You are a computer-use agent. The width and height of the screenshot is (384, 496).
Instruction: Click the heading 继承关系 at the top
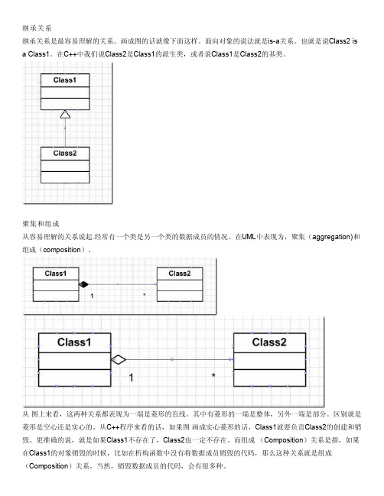tap(37, 28)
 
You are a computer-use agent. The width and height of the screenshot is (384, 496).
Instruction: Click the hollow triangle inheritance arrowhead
tap(65, 114)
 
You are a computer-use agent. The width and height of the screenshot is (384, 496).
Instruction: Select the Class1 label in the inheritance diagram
tap(65, 80)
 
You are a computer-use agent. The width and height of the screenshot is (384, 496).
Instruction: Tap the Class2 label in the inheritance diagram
tap(65, 153)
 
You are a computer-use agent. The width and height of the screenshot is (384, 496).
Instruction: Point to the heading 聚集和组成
tap(41, 224)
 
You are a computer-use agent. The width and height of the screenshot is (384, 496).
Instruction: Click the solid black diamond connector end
tap(83, 284)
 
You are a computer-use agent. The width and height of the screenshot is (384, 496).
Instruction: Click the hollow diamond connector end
tap(119, 360)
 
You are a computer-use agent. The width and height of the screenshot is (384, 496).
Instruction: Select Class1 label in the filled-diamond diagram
tap(56, 274)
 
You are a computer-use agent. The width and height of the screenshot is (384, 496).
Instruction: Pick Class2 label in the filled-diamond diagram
tap(180, 274)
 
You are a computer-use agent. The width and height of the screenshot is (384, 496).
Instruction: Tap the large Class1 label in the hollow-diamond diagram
tap(74, 342)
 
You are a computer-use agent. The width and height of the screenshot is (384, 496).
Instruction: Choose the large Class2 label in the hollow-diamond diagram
tap(269, 342)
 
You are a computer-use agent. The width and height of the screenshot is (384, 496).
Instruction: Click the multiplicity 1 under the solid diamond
tap(92, 296)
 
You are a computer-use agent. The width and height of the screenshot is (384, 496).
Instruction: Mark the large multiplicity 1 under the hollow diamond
tap(131, 378)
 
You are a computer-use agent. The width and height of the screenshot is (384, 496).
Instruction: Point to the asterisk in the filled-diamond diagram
tap(145, 295)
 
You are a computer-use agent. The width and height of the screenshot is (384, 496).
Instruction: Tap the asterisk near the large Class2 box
tap(213, 375)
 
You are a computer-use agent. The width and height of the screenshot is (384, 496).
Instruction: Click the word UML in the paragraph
tap(249, 237)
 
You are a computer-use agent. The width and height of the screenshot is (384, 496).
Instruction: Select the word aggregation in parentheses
tap(330, 237)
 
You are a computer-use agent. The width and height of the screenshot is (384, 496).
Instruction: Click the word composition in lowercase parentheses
tap(62, 250)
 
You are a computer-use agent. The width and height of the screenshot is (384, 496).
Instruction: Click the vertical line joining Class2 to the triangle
tap(65, 133)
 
